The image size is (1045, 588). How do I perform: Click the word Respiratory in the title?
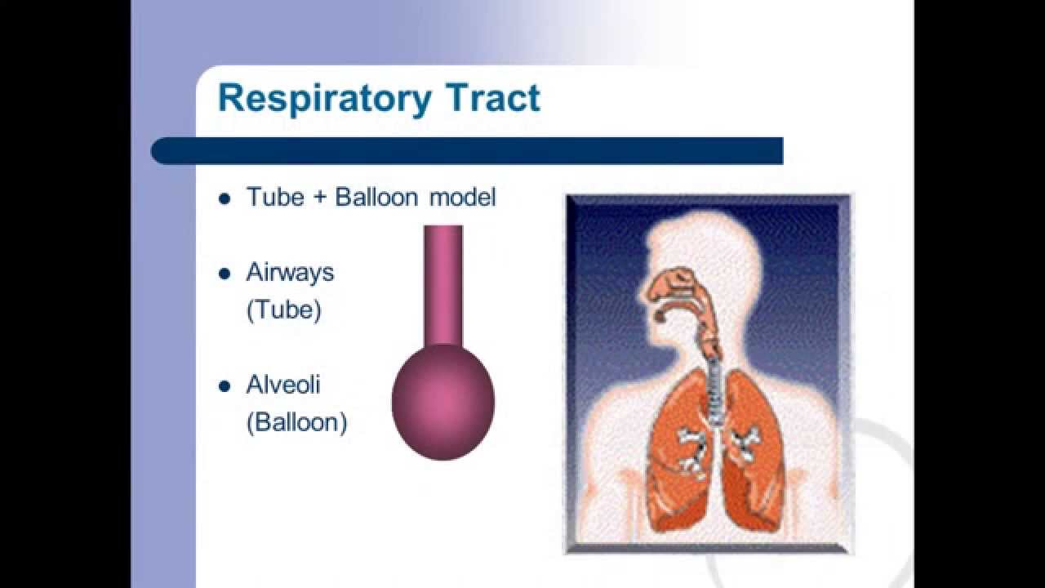coord(323,99)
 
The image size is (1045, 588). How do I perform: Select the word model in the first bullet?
coord(463,197)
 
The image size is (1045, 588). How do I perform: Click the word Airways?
coord(290,272)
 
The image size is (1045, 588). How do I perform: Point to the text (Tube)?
coord(283,310)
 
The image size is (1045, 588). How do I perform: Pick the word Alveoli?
coord(282,384)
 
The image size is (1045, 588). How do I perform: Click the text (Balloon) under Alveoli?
coord(296,422)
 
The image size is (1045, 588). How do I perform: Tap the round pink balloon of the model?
coord(443,400)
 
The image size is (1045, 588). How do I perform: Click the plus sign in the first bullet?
coord(319,198)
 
